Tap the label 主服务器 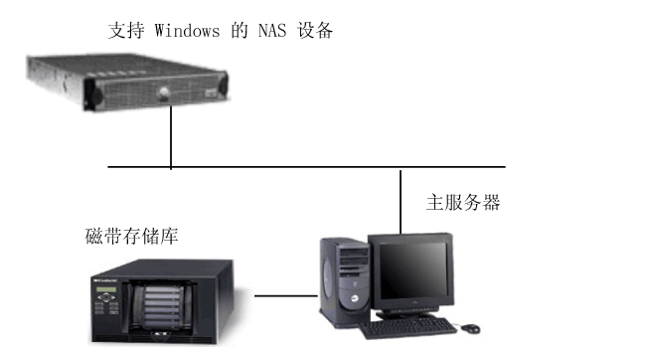tap(463, 203)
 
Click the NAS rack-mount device tap(126, 83)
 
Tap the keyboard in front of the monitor tap(407, 327)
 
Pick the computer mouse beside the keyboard tap(468, 326)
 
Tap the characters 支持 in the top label tap(121, 31)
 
